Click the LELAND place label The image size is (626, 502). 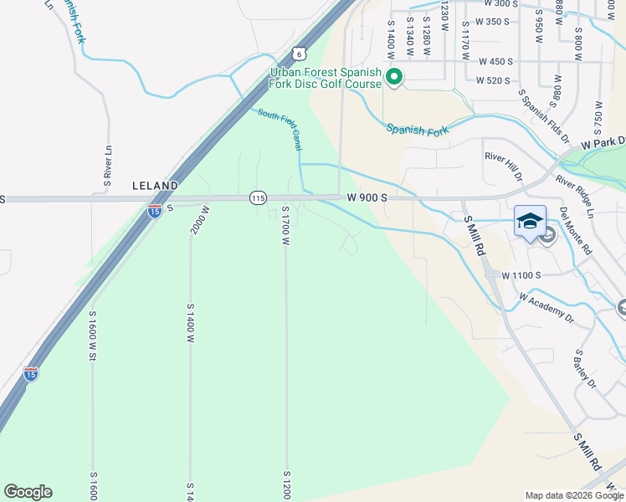point(155,185)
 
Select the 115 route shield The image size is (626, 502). point(257,197)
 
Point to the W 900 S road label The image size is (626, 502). point(367,197)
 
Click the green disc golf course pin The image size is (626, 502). point(394,79)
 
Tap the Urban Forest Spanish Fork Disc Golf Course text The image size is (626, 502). point(326,78)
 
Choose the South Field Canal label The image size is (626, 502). point(280,130)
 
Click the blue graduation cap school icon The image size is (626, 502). point(529,221)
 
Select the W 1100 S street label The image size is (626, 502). point(521,274)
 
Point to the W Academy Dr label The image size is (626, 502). point(546,307)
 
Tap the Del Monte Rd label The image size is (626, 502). point(576,230)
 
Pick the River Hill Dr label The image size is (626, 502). point(503,166)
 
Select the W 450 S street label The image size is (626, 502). point(495,61)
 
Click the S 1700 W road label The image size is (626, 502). point(285,226)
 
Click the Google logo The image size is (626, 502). point(28,492)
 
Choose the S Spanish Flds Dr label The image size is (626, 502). point(543,117)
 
